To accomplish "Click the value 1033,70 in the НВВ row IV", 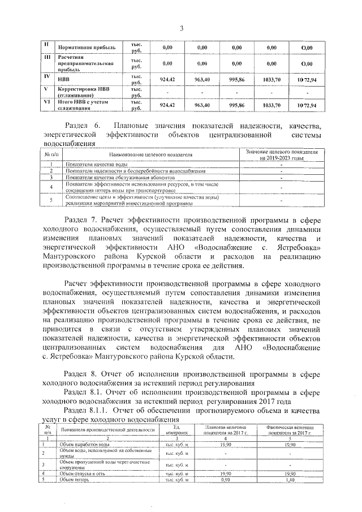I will [x=271, y=80].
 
